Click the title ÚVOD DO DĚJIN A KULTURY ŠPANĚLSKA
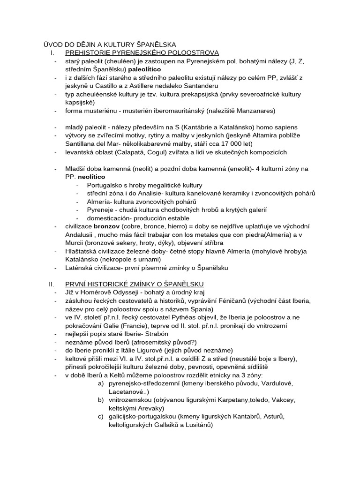pyautogui.click(x=110, y=44)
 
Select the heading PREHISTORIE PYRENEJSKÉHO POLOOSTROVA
pyautogui.click(x=142, y=52)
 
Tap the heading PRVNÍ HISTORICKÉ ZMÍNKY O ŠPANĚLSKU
pyautogui.click(x=134, y=284)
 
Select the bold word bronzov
pyautogui.click(x=107, y=226)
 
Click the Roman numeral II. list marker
pyautogui.click(x=52, y=284)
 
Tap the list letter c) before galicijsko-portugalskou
pyautogui.click(x=101, y=416)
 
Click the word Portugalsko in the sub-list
pyautogui.click(x=105, y=185)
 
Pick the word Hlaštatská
pyautogui.click(x=82, y=251)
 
